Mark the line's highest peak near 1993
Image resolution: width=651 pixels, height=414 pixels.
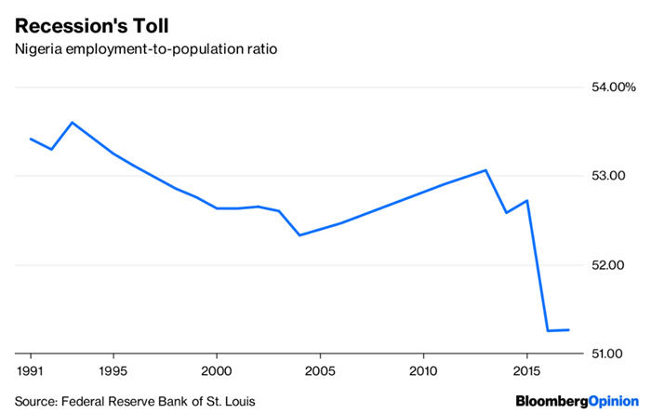pyautogui.click(x=73, y=122)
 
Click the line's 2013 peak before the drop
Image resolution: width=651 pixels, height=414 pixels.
pyautogui.click(x=485, y=170)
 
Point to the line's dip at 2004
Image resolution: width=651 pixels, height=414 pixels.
pyautogui.click(x=299, y=234)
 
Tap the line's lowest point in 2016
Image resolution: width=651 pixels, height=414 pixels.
pyautogui.click(x=548, y=330)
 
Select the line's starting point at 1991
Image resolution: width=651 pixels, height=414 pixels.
pyautogui.click(x=31, y=139)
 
